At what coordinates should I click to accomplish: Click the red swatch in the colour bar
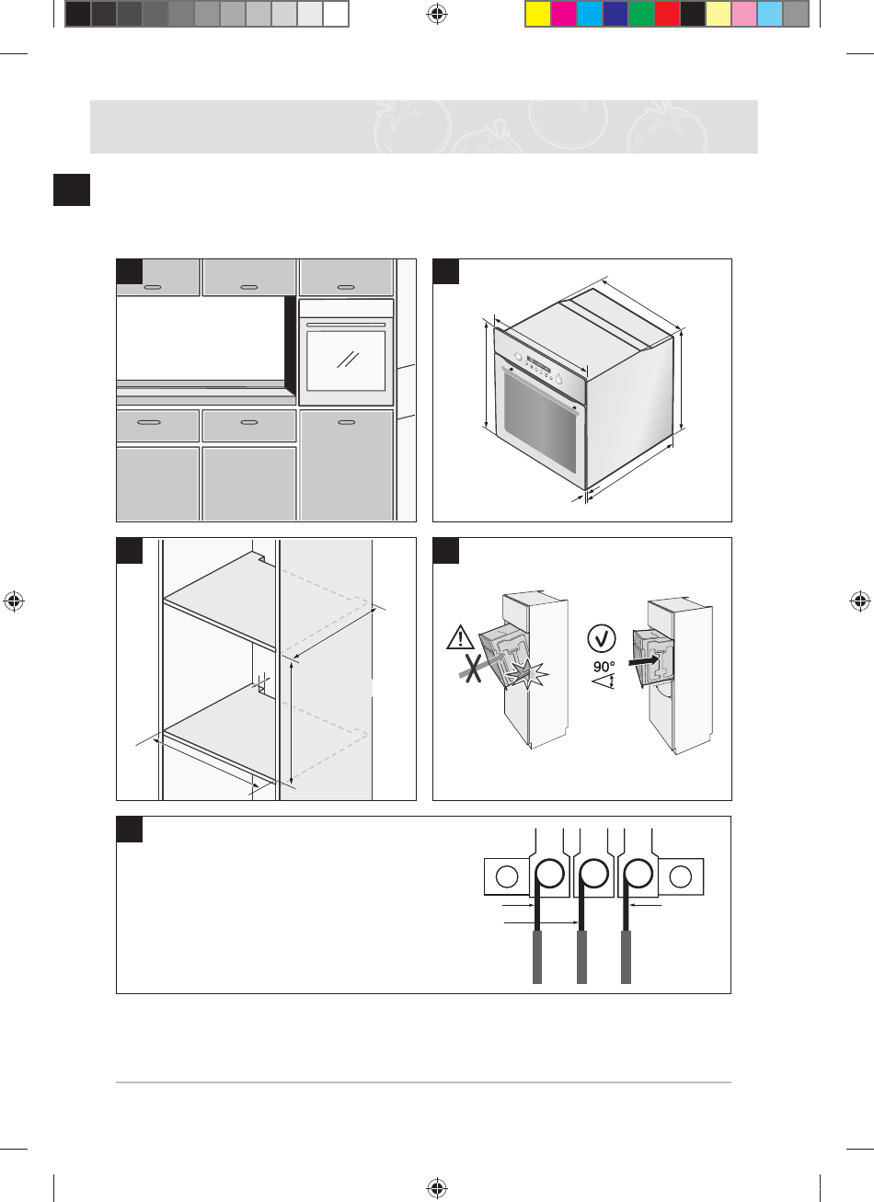[x=666, y=14]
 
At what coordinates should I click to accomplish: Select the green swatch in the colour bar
[x=640, y=14]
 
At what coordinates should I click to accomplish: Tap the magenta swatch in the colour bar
[x=563, y=14]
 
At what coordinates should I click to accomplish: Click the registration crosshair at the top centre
[x=437, y=14]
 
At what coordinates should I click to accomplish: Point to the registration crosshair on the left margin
[x=14, y=601]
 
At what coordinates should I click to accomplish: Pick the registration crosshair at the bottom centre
[x=437, y=1189]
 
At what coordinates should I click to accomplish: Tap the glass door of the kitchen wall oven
[x=347, y=361]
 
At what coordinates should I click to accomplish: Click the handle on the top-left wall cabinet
[x=154, y=287]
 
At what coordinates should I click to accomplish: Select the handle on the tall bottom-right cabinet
[x=346, y=422]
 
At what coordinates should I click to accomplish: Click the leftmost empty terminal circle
[x=506, y=877]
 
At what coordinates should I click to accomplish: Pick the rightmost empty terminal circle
[x=681, y=877]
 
